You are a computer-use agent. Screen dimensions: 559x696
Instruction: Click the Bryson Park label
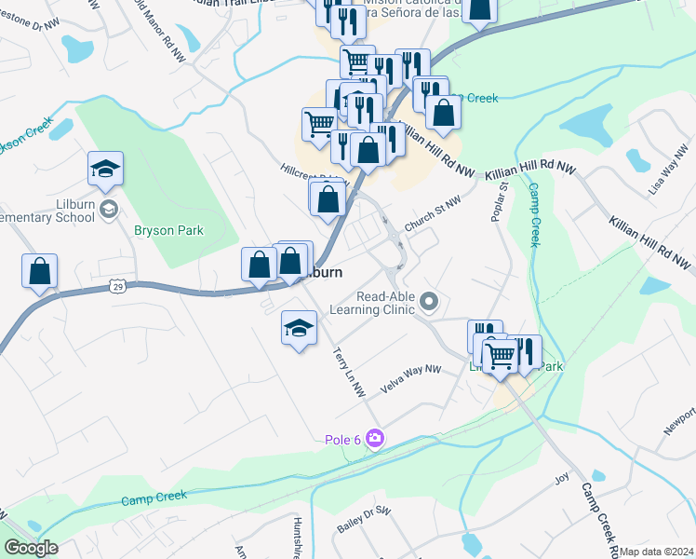click(x=168, y=230)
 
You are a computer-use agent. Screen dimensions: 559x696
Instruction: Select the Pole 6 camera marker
click(x=374, y=438)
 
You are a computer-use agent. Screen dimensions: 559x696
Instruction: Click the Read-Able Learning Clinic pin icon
click(x=429, y=301)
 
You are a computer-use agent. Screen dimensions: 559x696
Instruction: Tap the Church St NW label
click(x=433, y=210)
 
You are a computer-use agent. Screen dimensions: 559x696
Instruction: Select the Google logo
click(x=32, y=548)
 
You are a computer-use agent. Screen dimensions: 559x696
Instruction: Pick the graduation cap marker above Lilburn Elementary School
click(x=106, y=170)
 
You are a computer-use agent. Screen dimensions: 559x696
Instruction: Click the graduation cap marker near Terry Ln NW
click(x=299, y=328)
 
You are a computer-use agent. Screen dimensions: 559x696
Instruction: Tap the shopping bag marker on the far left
click(x=40, y=272)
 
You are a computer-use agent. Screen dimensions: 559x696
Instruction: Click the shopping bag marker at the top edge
click(x=478, y=10)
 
